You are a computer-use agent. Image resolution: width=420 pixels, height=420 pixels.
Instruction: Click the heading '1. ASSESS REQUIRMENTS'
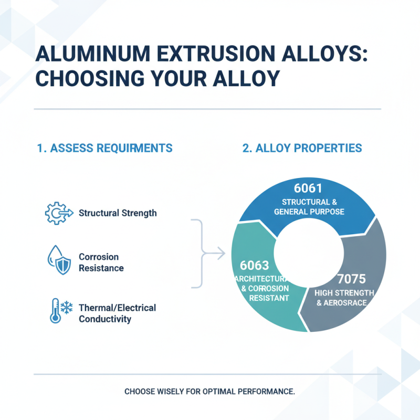click(105, 148)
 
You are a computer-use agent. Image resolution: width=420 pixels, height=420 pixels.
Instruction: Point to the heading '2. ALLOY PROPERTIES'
click(302, 148)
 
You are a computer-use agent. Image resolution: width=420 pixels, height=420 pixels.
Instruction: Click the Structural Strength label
click(118, 213)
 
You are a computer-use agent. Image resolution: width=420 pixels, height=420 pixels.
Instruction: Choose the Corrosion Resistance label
click(101, 262)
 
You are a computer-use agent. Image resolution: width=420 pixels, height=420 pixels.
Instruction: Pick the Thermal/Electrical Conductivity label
click(117, 313)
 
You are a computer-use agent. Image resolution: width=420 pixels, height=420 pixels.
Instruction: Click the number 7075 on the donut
click(351, 278)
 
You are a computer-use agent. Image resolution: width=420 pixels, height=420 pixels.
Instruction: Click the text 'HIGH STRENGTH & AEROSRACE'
click(344, 298)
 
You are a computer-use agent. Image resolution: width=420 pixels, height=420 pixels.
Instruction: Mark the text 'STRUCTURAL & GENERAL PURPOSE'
click(309, 207)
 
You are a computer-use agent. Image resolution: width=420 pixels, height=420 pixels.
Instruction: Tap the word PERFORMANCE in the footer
click(266, 392)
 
